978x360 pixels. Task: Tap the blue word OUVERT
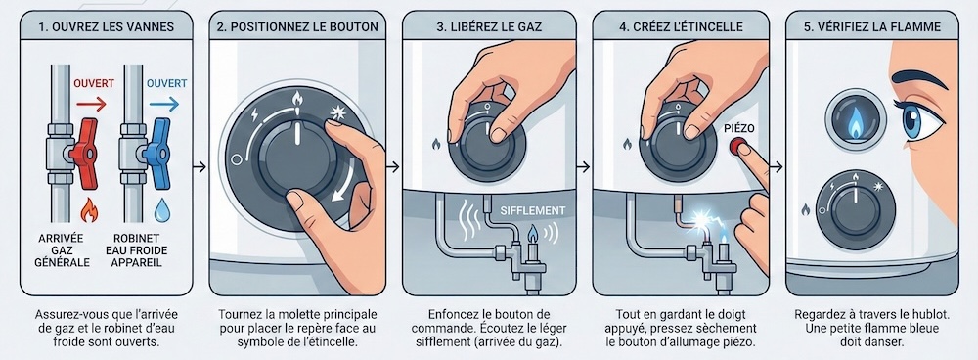click(x=166, y=83)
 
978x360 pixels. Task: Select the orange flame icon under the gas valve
click(x=87, y=208)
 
